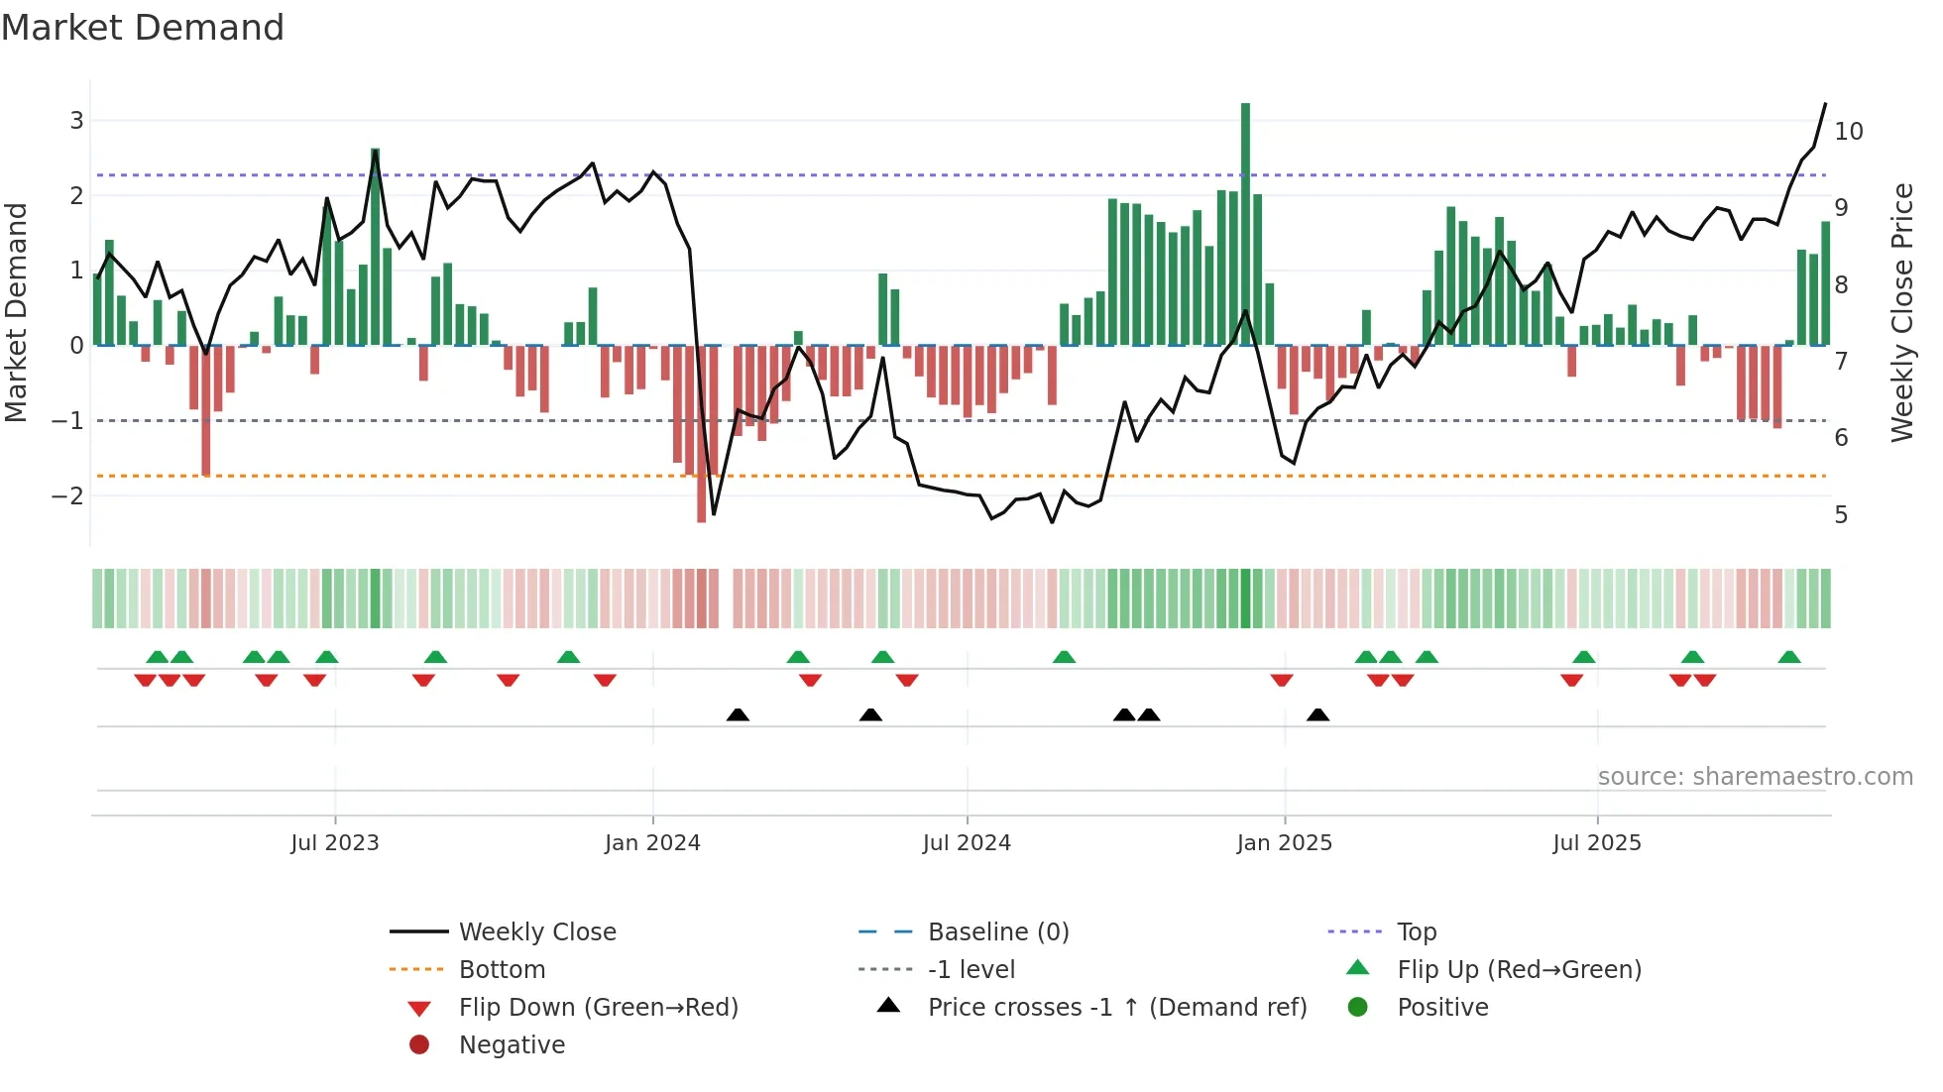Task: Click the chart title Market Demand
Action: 143,28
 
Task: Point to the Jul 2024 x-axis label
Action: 967,843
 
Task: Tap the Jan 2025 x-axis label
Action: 1284,843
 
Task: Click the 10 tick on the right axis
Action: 1848,132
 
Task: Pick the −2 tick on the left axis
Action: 67,495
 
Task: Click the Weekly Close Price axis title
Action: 1901,312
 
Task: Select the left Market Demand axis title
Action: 17,312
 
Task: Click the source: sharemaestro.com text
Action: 1755,777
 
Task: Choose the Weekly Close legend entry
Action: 536,932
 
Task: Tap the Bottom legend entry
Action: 502,970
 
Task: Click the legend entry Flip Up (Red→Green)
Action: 1519,970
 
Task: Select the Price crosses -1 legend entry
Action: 1116,1008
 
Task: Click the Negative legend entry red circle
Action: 419,1045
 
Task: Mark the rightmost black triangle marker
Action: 1317,714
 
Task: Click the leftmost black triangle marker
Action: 738,714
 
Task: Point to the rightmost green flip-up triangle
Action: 1789,657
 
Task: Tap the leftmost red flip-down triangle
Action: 145,680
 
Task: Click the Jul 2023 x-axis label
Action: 335,843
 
